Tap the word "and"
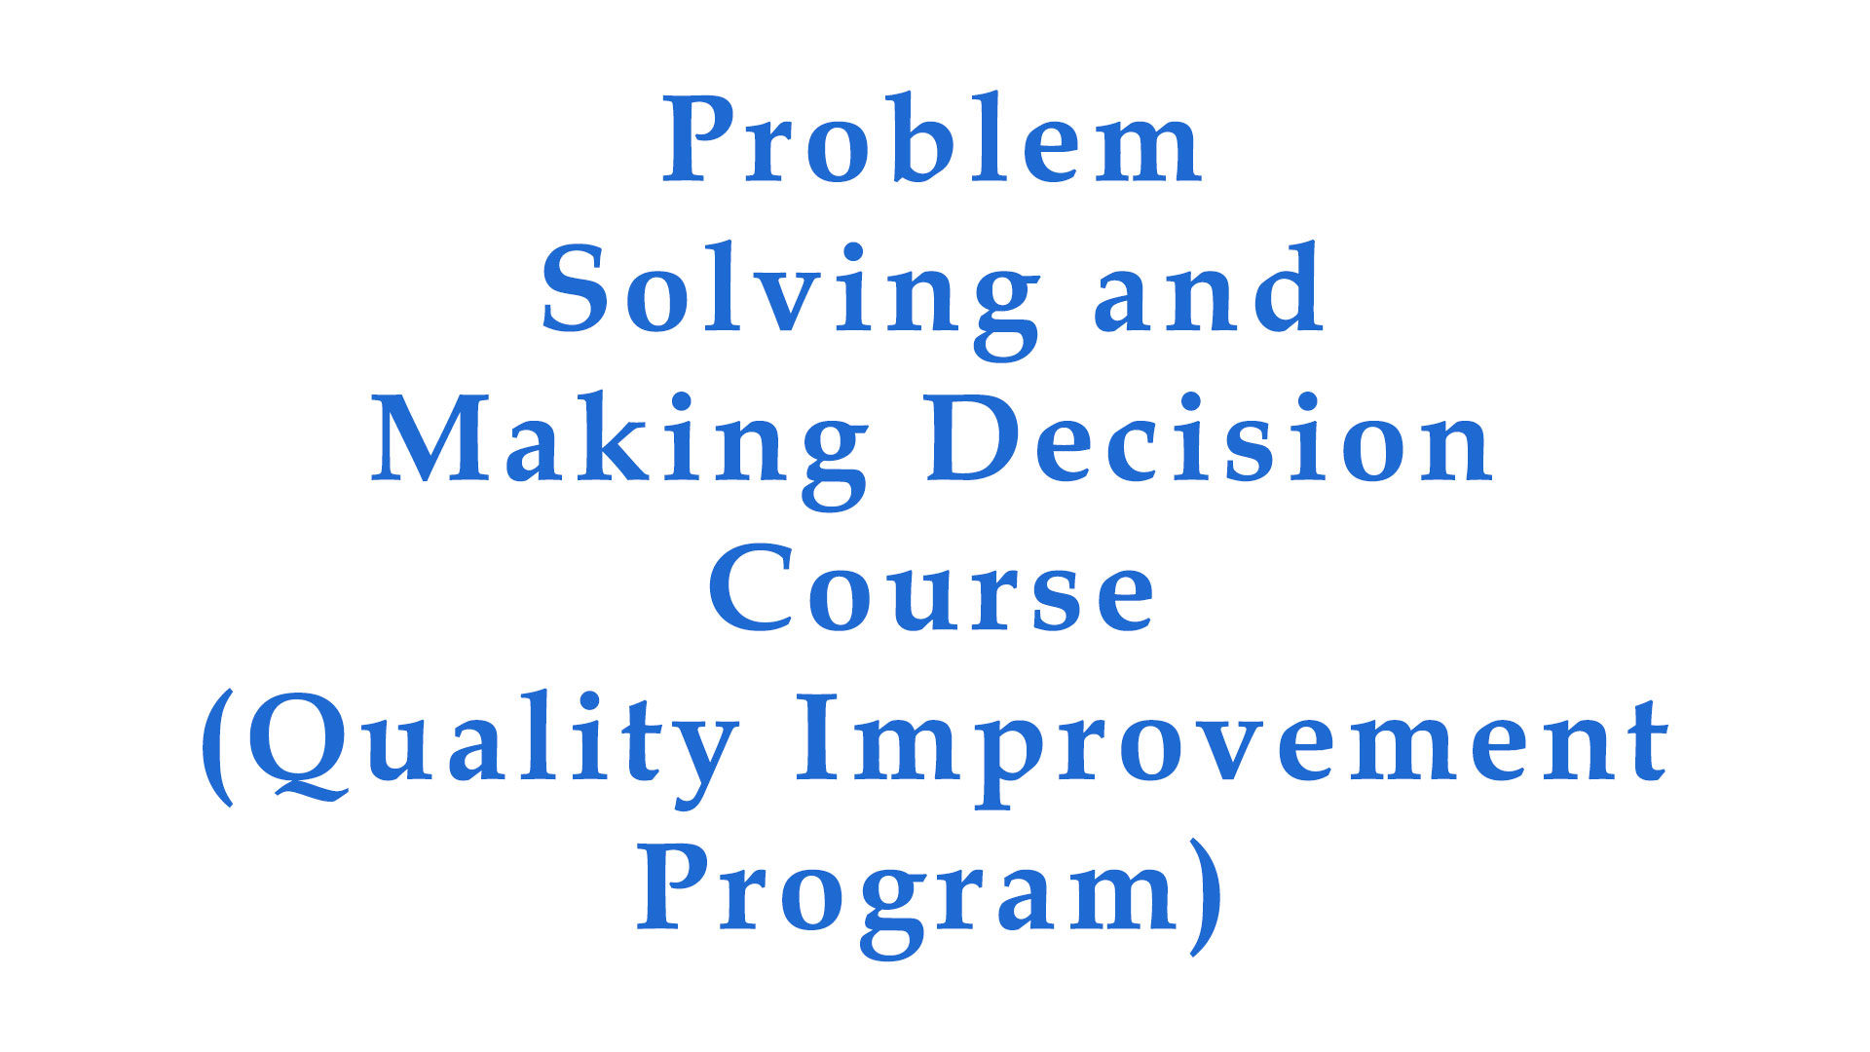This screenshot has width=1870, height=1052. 1208,287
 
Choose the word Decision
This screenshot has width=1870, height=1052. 1211,437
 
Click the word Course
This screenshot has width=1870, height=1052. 931,587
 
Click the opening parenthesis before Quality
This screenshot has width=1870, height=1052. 217,747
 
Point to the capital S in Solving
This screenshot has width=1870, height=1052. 575,289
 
